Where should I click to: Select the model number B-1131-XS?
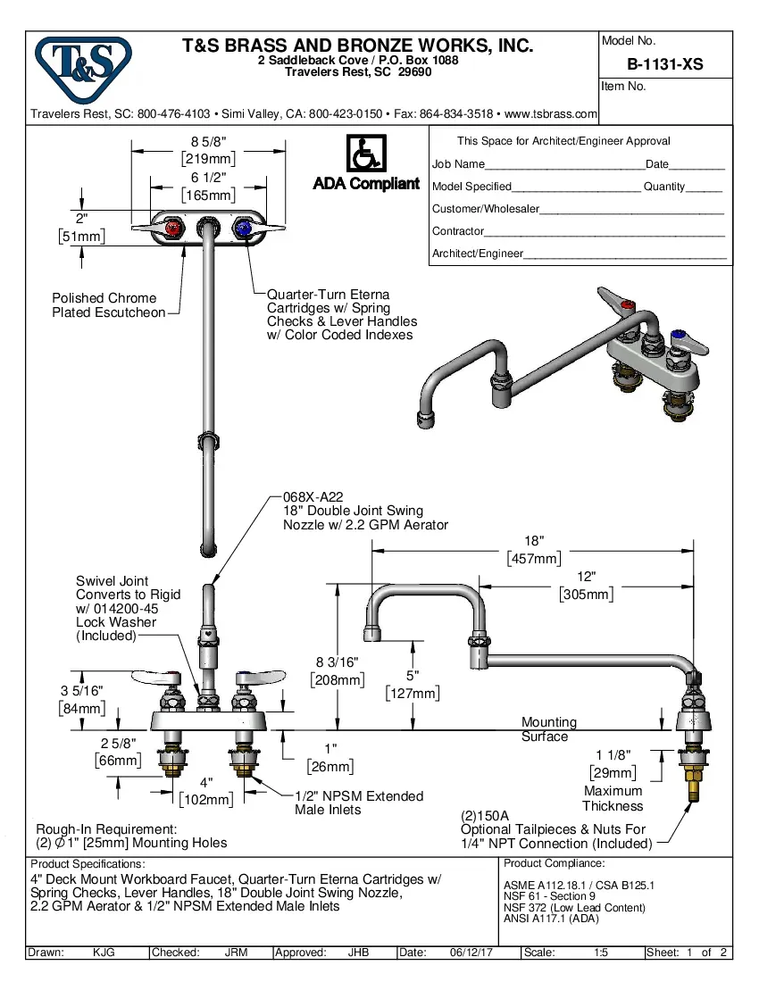(664, 64)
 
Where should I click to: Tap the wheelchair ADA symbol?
(365, 154)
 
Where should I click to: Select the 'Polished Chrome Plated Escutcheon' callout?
(108, 305)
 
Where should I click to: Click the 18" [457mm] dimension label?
(534, 550)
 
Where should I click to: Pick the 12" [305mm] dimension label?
(586, 586)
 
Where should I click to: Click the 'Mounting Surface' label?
(548, 729)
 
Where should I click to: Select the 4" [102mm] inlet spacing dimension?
(206, 792)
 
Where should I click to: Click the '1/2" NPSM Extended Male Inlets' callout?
(359, 803)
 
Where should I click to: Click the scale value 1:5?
(601, 953)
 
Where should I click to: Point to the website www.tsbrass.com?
(550, 114)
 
